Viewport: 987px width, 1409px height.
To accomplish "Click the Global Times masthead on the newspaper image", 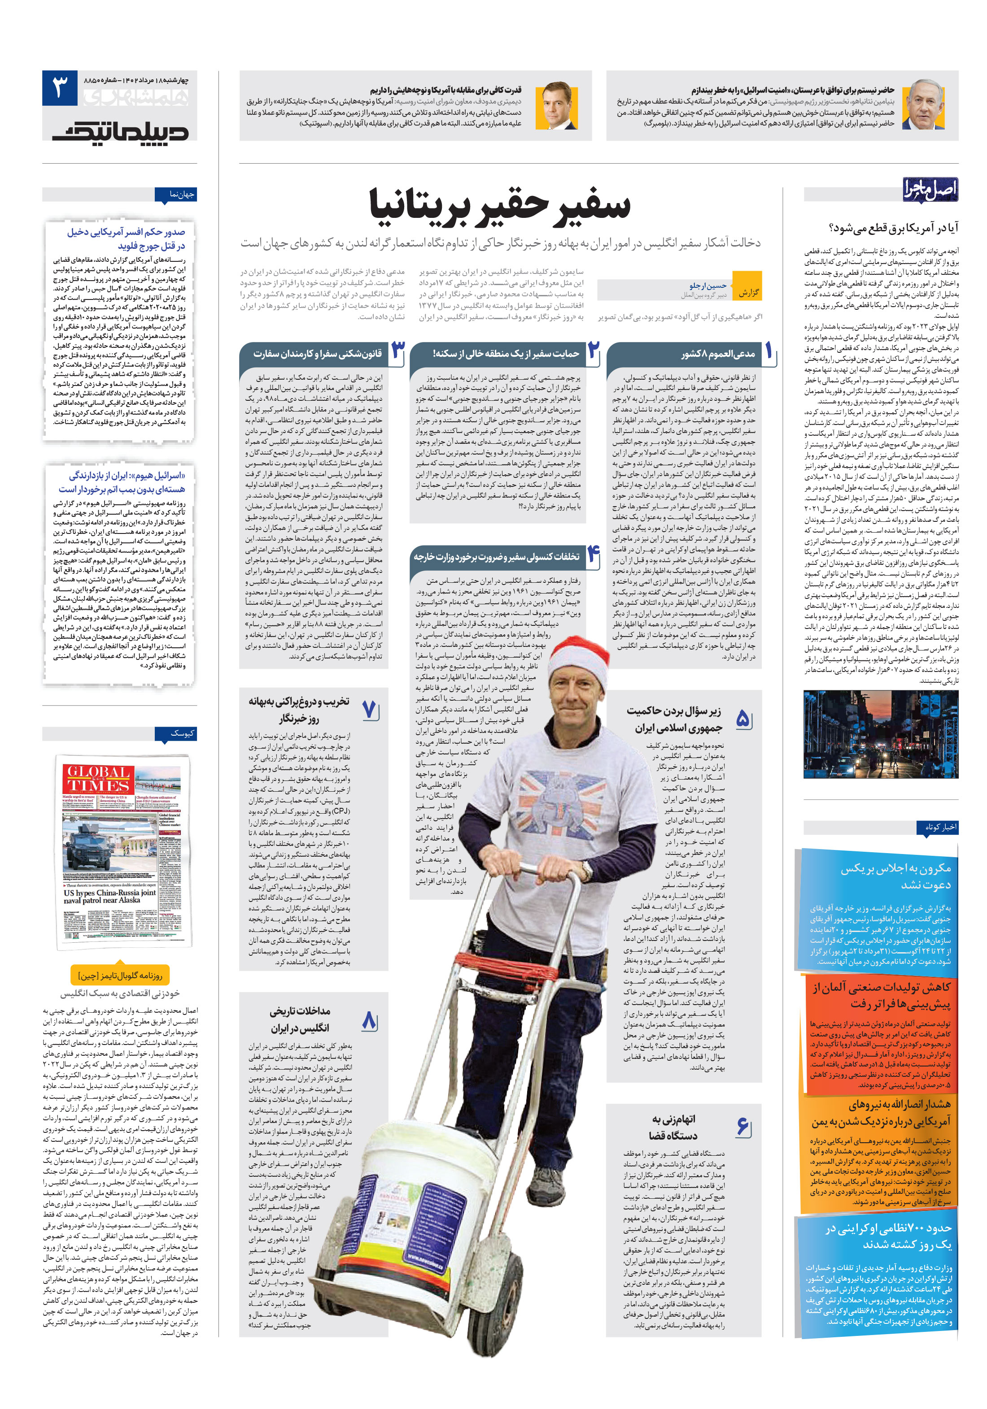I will click(x=98, y=780).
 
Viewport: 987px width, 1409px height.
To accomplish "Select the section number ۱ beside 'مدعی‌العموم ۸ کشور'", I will click(x=769, y=351).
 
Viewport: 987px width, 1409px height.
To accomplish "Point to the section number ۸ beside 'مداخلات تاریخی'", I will click(x=369, y=1020).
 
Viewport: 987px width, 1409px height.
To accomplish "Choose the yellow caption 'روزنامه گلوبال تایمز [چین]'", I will click(x=120, y=975).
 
